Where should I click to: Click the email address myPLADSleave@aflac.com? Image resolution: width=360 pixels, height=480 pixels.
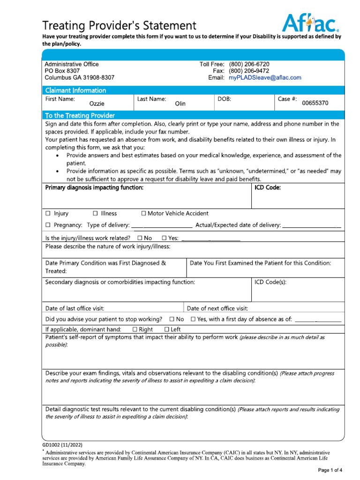265,78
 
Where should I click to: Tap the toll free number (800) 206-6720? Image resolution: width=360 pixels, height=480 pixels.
249,64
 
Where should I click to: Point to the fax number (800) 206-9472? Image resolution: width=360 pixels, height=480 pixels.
249,71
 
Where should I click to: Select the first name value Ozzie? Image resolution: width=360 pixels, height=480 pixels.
97,104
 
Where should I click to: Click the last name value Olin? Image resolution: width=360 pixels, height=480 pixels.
180,104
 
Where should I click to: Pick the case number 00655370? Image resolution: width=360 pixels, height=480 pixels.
315,103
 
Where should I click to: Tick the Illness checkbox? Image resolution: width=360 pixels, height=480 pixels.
96,214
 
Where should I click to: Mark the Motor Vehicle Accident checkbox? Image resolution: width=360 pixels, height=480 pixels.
143,214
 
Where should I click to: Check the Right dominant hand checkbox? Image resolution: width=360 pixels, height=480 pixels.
135,330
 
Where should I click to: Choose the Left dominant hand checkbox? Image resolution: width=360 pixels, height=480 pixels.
167,330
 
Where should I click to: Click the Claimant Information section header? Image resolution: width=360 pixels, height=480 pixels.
75,90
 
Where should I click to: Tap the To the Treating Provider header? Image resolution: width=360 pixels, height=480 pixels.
80,115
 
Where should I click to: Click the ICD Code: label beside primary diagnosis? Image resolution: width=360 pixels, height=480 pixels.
268,188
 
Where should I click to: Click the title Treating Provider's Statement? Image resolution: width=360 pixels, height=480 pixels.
120,25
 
